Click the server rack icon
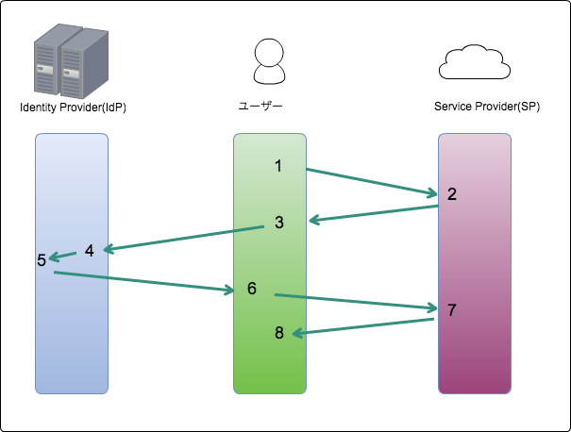coord(71,61)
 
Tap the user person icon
coord(269,63)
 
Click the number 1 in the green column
coord(278,166)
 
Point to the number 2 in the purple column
coord(452,194)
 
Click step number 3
coord(279,223)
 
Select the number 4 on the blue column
coord(90,250)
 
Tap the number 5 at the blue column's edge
coord(42,260)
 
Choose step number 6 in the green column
coord(252,288)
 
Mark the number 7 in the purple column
coord(452,309)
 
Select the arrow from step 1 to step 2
coord(372,181)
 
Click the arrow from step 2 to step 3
coord(373,214)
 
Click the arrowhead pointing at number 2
coord(433,193)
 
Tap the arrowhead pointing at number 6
coord(228,291)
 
